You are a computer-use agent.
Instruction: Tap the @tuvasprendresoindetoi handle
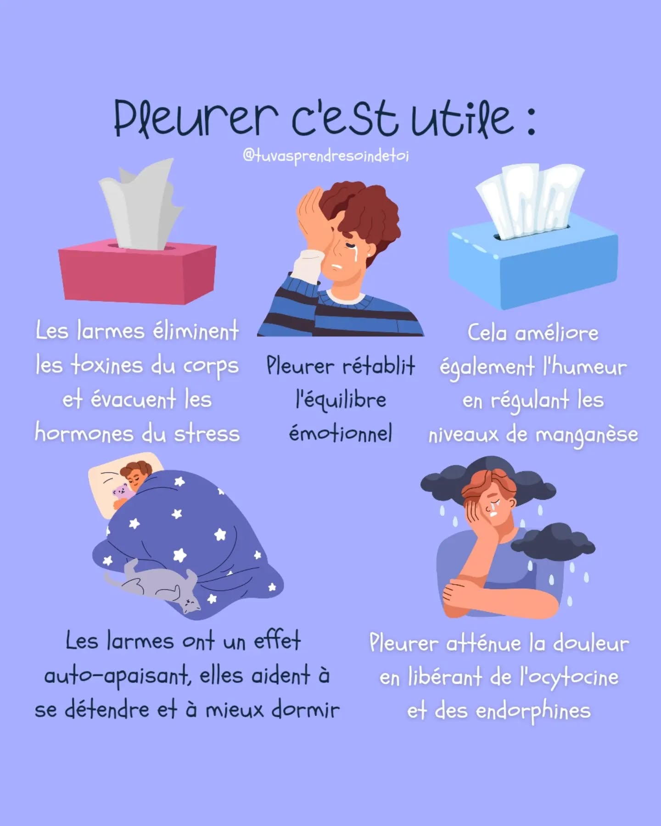325,156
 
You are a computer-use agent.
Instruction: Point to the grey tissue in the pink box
142,205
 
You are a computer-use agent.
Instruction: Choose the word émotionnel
340,433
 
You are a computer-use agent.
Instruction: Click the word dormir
305,709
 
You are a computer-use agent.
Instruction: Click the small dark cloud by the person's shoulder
553,541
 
